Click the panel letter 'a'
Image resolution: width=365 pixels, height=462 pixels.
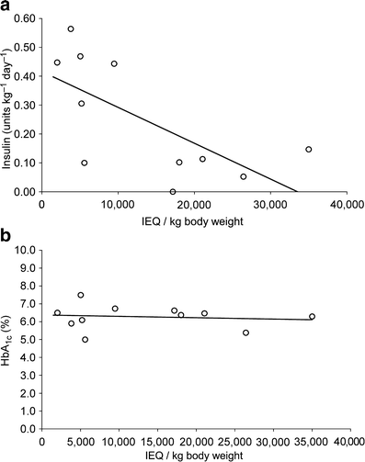[6, 6]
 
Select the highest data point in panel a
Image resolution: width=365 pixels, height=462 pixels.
[71, 29]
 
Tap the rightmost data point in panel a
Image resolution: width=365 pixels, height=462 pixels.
[309, 150]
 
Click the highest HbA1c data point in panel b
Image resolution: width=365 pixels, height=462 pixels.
[81, 295]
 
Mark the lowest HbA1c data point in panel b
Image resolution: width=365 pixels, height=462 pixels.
[85, 339]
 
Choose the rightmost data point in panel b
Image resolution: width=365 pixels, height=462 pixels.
[312, 317]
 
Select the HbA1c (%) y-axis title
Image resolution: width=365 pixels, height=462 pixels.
[8, 338]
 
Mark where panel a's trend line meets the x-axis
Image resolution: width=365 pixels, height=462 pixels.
[296, 192]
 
